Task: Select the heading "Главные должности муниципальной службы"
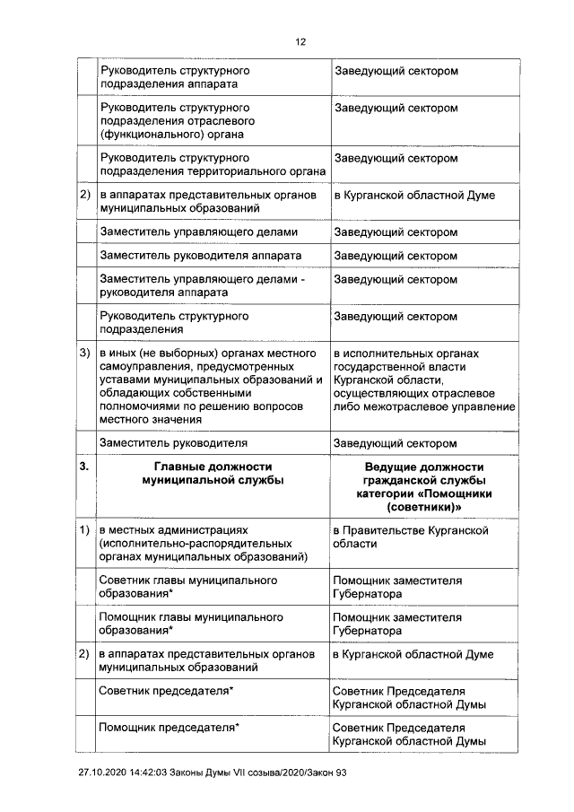[x=213, y=474]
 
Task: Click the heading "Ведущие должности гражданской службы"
[x=424, y=474]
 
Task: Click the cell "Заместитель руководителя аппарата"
[x=200, y=256]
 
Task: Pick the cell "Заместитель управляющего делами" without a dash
[x=199, y=232]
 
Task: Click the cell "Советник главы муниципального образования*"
[x=188, y=587]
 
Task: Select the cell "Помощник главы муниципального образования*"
[x=190, y=624]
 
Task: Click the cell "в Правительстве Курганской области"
[x=410, y=537]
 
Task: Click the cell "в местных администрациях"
[x=205, y=544]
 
